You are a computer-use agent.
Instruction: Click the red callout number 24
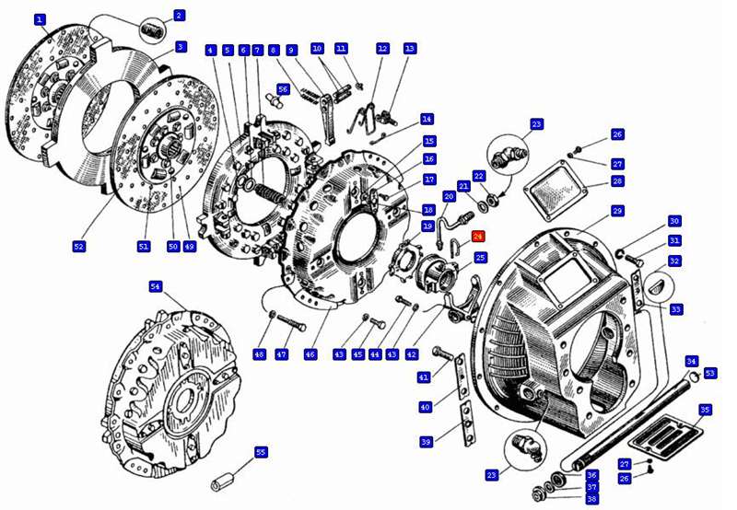[x=478, y=237]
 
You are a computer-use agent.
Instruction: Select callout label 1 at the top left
[x=40, y=19]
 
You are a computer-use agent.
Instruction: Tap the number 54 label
[x=156, y=286]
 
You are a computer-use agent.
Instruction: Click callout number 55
[x=261, y=452]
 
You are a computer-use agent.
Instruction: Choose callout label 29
[x=617, y=211]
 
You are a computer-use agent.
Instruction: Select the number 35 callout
[x=705, y=410]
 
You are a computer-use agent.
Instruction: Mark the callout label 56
[x=283, y=89]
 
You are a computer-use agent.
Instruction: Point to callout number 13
[x=410, y=49]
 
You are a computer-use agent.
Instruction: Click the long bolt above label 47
[x=292, y=323]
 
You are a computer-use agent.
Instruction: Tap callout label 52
[x=79, y=246]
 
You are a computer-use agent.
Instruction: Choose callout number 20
[x=450, y=197]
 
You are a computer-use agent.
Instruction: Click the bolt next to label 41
[x=442, y=354]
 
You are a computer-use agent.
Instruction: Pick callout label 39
[x=426, y=442]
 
